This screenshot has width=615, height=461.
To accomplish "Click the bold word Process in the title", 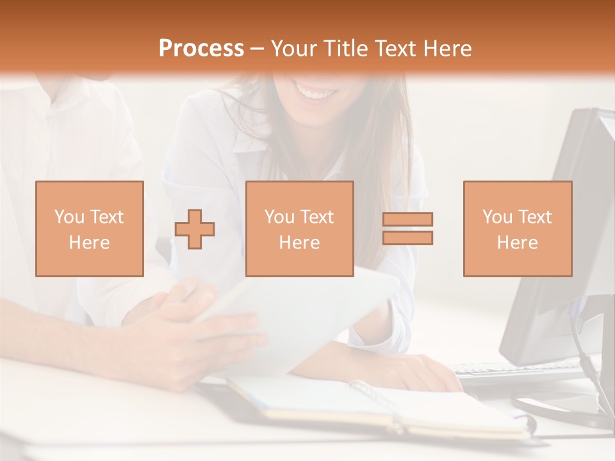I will tap(201, 49).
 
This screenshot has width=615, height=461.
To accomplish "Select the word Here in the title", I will tap(447, 49).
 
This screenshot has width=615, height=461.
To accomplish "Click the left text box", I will tap(90, 229).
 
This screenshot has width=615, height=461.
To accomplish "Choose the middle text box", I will tap(299, 229).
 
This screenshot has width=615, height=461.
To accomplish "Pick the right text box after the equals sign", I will tap(517, 229).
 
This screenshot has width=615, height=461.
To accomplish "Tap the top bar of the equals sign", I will tap(407, 219).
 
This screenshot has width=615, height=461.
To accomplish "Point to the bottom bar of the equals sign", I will tap(407, 238).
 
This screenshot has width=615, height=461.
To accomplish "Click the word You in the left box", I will tap(69, 217).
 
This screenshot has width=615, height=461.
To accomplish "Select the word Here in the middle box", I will tap(299, 243).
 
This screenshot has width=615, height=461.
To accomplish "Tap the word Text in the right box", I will tap(535, 217).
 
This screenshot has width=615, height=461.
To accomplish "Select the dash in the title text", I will tap(257, 49).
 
